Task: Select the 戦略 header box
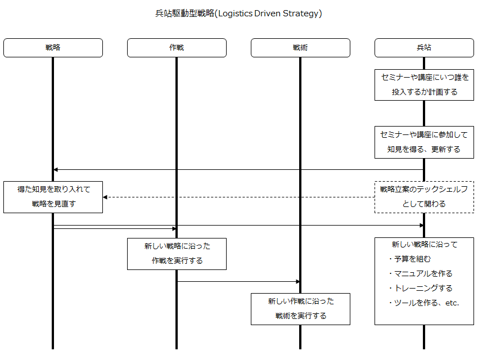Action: [x=53, y=48]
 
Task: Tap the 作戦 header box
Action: [x=177, y=48]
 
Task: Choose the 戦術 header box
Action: [x=301, y=48]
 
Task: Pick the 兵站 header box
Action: [x=424, y=48]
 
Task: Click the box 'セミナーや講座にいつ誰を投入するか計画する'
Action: [x=424, y=85]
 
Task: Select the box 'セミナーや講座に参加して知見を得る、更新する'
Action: [x=424, y=142]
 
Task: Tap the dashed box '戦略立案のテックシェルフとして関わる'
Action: [x=424, y=197]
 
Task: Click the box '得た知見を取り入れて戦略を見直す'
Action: [x=53, y=197]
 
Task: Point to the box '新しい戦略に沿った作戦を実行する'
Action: [x=177, y=254]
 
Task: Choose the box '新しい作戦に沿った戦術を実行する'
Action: [x=301, y=309]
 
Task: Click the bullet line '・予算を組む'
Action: [x=409, y=259]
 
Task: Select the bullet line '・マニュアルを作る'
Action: [x=420, y=274]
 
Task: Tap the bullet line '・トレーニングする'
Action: [x=420, y=289]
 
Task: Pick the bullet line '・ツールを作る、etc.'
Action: [x=423, y=303]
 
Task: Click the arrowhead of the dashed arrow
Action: [x=105, y=197]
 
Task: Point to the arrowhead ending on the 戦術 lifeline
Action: [x=298, y=282]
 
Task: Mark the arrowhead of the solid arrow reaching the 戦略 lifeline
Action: [x=56, y=169]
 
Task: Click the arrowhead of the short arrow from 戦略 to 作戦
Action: [x=174, y=228]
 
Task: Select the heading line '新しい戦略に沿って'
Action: [x=425, y=245]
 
